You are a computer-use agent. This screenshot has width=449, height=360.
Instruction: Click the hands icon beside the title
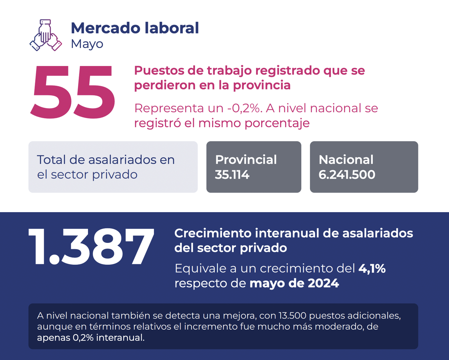(x=46, y=36)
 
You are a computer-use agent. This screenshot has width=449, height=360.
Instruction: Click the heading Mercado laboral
(x=135, y=28)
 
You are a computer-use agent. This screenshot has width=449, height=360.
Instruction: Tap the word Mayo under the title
(x=87, y=44)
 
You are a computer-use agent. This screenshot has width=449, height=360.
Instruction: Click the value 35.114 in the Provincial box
(x=232, y=175)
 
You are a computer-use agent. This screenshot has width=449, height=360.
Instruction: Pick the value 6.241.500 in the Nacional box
(x=346, y=175)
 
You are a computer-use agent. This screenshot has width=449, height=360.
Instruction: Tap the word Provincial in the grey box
(x=246, y=160)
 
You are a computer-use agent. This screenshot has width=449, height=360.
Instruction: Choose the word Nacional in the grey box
(x=346, y=160)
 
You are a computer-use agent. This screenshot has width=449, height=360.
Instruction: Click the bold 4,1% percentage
(x=372, y=268)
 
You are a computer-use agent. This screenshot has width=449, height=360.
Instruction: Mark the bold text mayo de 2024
(x=294, y=283)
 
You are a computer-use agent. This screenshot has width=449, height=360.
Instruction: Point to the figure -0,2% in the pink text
(x=243, y=108)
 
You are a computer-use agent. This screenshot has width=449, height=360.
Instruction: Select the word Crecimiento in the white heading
(x=213, y=233)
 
